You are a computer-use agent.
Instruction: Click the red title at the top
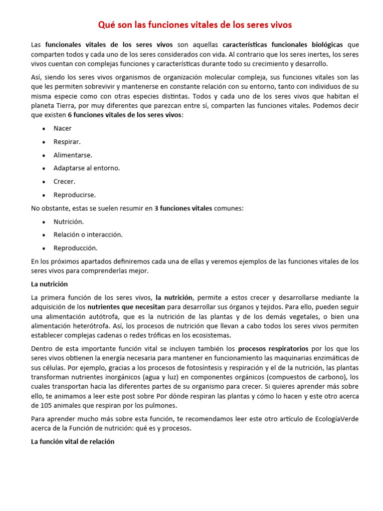point(194,24)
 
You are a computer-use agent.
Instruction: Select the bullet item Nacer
point(62,128)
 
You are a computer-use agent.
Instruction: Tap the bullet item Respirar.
point(67,142)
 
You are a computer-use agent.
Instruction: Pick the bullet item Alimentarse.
point(73,155)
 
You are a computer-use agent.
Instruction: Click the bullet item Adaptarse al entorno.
point(87,168)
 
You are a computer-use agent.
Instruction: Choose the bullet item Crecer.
point(64,182)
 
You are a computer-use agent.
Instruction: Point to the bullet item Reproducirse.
point(74,195)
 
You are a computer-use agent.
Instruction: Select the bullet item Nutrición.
point(69,222)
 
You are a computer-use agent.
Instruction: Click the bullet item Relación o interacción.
point(88,235)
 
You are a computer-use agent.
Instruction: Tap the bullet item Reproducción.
point(75,248)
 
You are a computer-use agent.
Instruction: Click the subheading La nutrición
point(49,284)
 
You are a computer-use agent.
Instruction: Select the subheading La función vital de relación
point(73,442)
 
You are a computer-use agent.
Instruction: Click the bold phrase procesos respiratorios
point(273,348)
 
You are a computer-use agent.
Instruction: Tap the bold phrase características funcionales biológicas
point(283,44)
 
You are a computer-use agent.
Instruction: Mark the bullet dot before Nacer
point(44,129)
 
